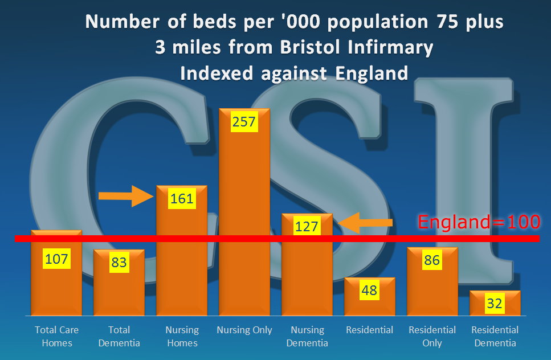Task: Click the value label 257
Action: (244, 121)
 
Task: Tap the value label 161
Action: (182, 199)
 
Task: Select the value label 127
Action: (307, 226)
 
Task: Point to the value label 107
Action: (56, 259)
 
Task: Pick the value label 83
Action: (119, 263)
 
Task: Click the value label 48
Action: (369, 291)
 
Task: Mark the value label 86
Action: (432, 260)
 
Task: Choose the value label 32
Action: (495, 304)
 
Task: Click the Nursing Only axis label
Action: (244, 330)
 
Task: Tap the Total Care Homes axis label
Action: (56, 336)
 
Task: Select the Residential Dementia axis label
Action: (495, 336)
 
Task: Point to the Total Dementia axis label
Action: (119, 336)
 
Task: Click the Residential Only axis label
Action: (432, 336)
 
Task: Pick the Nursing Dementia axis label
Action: (307, 336)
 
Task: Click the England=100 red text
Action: (479, 222)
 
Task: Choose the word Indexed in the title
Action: (212, 73)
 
